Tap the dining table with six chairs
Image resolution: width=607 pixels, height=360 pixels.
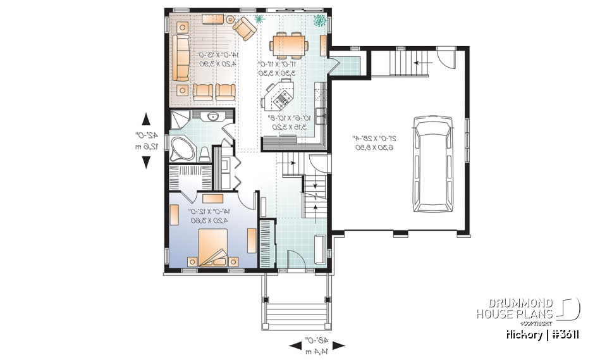point(290,46)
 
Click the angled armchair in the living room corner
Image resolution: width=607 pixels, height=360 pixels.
point(242,27)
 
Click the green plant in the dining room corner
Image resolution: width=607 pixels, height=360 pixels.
point(319,21)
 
